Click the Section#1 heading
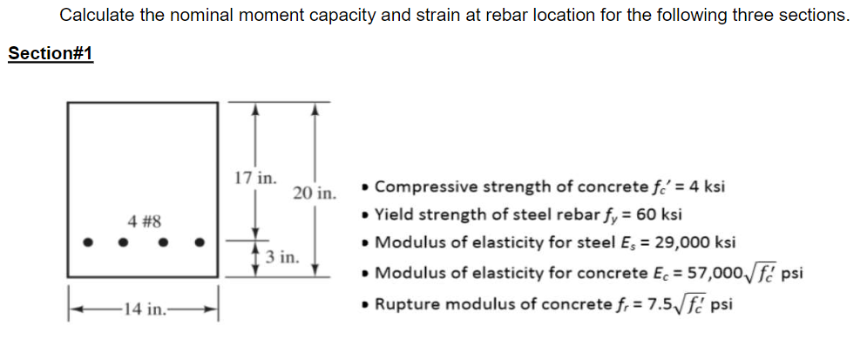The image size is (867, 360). pyautogui.click(x=50, y=54)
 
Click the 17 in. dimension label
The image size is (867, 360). pyautogui.click(x=254, y=178)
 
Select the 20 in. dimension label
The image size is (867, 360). pyautogui.click(x=314, y=193)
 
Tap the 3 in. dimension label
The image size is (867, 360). pyautogui.click(x=282, y=257)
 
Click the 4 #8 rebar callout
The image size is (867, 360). pyautogui.click(x=143, y=221)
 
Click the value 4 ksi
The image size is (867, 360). pyautogui.click(x=706, y=187)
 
